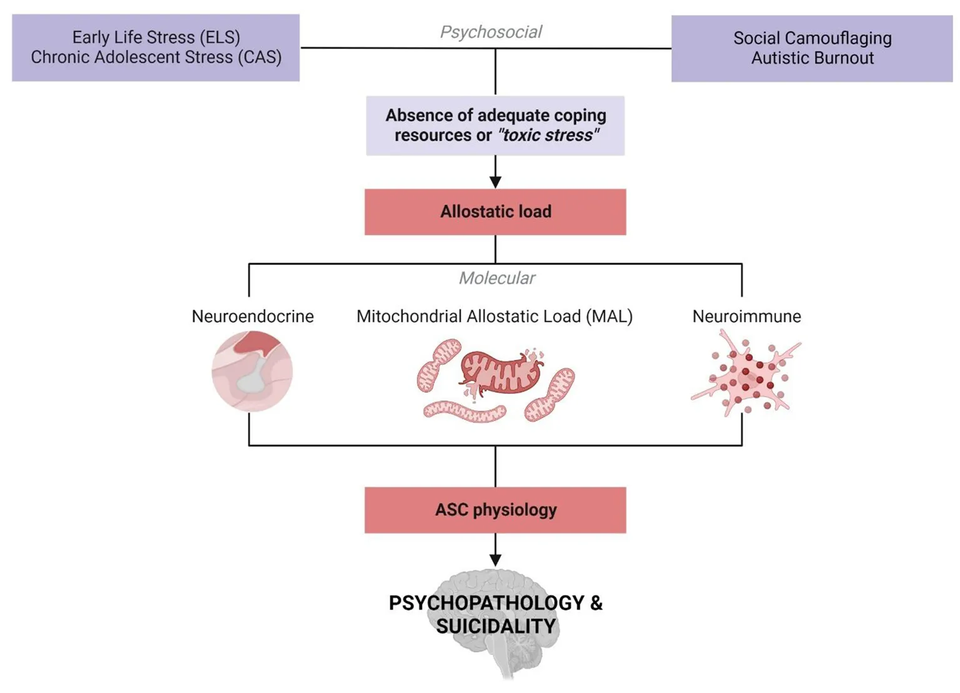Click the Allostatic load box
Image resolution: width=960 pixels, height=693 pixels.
tap(495, 212)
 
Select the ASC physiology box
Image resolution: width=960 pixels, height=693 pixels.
tap(495, 510)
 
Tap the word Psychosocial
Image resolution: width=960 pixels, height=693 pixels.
tap(491, 32)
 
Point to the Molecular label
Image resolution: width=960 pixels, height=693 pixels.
tap(497, 278)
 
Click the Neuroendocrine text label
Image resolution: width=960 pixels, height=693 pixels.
tap(253, 316)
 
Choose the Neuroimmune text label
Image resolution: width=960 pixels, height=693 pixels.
tap(746, 316)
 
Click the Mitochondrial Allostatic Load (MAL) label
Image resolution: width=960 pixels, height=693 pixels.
tap(495, 316)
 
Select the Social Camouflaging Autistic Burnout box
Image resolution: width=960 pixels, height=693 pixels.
tap(812, 49)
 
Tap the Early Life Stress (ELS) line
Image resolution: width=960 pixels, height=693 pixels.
tap(156, 37)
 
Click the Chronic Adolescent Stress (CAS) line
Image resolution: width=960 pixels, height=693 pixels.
tap(156, 57)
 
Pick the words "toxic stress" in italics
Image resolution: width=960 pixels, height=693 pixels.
tap(548, 136)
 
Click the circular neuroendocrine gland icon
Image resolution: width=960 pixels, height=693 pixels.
tap(252, 371)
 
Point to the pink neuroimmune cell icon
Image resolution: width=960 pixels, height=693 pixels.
tap(745, 375)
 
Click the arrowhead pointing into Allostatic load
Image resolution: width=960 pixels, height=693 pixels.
tap(495, 182)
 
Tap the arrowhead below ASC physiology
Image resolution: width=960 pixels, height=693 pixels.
tap(495, 560)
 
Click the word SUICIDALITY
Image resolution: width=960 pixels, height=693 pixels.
tap(495, 627)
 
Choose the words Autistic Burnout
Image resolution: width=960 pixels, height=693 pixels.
tap(812, 58)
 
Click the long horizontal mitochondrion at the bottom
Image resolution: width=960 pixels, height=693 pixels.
tap(465, 412)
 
